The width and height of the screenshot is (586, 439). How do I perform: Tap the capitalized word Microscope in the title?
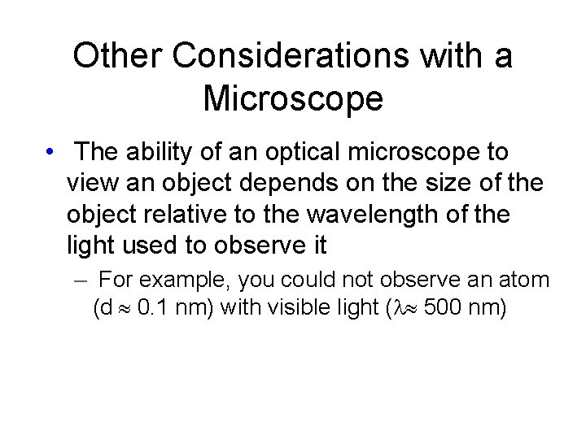coord(293,98)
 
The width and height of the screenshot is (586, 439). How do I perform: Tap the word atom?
coord(528,280)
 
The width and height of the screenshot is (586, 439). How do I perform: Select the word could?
coord(305,280)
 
